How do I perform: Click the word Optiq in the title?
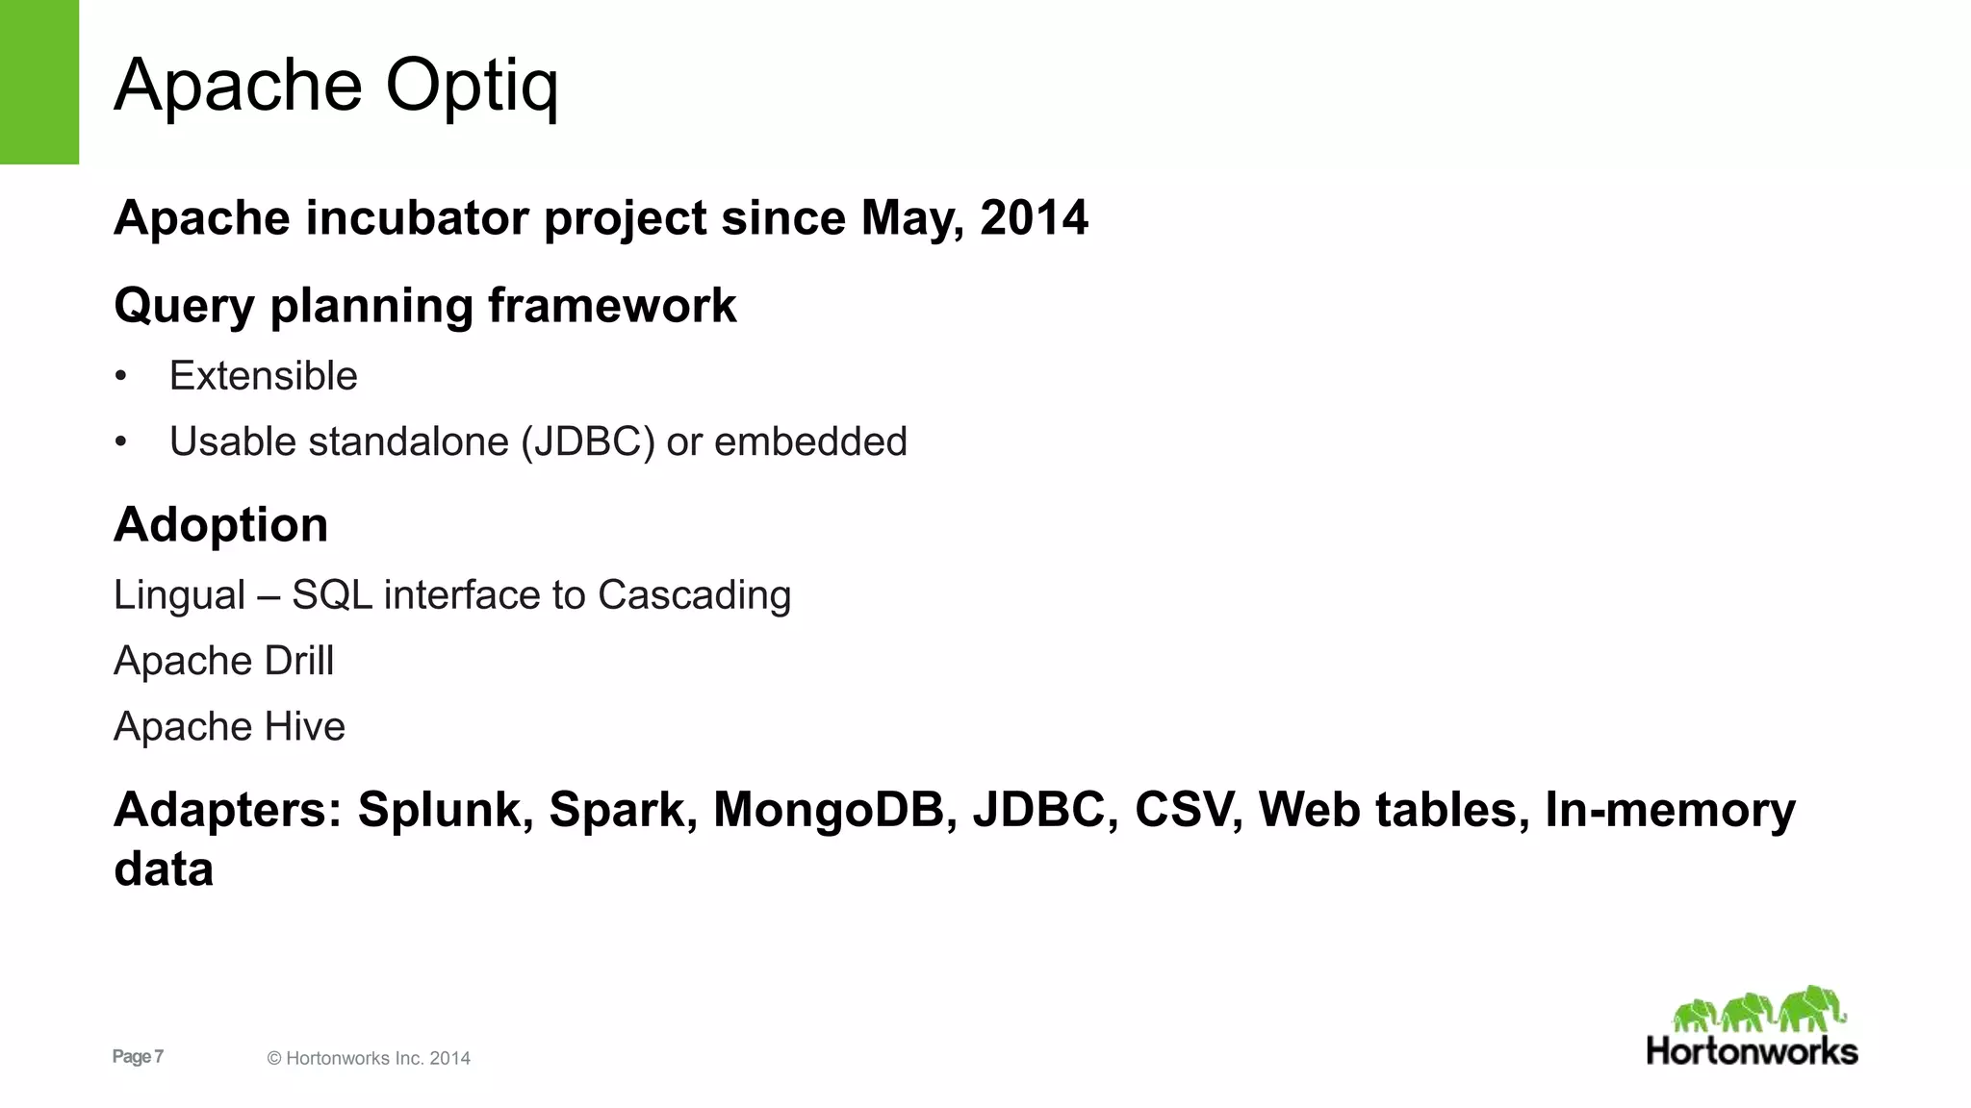click(x=472, y=87)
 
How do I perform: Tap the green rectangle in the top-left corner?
click(x=39, y=82)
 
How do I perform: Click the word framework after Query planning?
click(x=612, y=306)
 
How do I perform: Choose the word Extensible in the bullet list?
click(x=263, y=376)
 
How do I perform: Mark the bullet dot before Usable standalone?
click(x=120, y=442)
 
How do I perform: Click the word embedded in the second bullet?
click(x=810, y=442)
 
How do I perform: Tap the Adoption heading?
click(x=220, y=525)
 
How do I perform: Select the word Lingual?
click(x=180, y=595)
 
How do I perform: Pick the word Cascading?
click(x=694, y=595)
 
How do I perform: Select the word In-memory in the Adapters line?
click(x=1670, y=810)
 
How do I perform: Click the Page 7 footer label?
click(x=138, y=1057)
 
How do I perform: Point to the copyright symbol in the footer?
click(x=274, y=1059)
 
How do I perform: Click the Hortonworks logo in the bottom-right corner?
click(x=1752, y=1027)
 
